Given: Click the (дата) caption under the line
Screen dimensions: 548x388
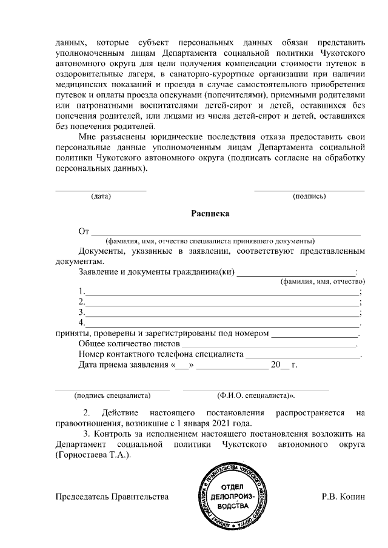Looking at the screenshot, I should coord(100,196).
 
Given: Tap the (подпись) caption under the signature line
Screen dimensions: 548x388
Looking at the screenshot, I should coord(309,196).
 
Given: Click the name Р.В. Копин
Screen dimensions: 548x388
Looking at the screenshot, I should coord(344,497).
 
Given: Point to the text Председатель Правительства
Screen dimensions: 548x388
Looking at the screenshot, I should coord(112,497).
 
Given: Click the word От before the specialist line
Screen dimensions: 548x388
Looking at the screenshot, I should coord(84,231).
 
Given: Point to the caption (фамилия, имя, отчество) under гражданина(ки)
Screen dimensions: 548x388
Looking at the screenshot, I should coord(322,282).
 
